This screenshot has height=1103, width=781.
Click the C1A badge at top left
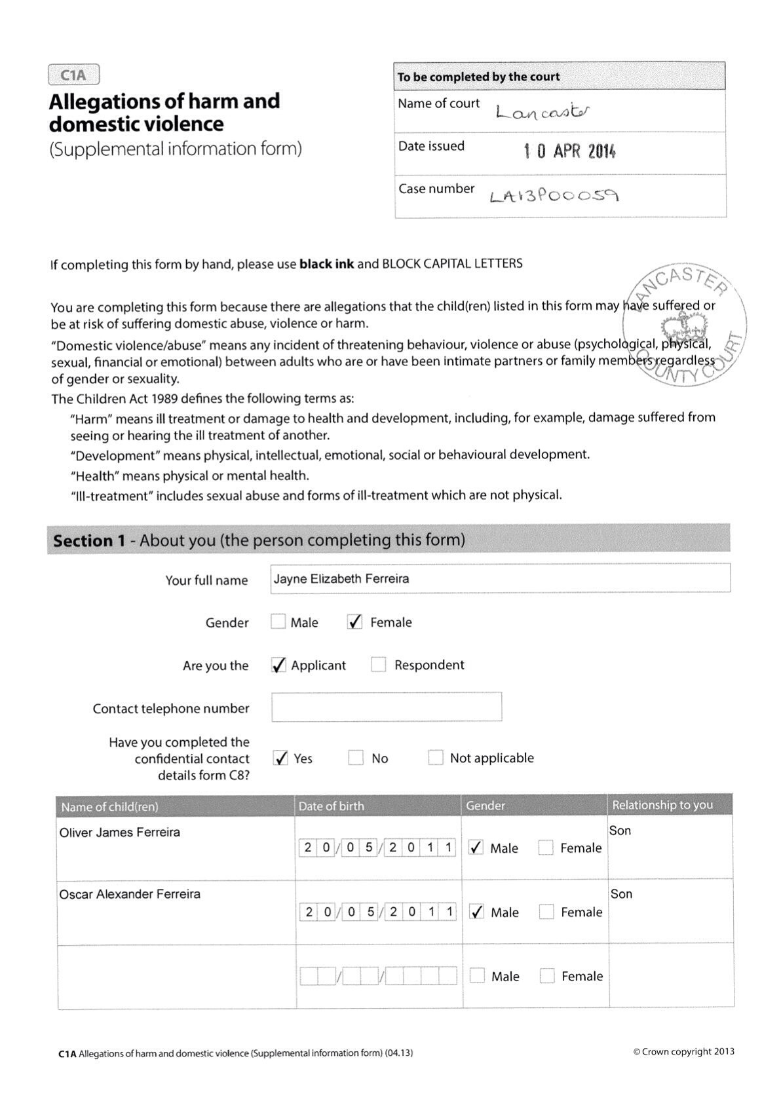(73, 75)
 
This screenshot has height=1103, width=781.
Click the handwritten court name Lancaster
(543, 113)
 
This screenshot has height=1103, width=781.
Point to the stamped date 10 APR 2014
(569, 152)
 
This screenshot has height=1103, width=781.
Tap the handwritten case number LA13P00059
(554, 195)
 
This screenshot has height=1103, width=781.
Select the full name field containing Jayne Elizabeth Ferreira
(500, 578)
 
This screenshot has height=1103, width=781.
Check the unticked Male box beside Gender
(278, 622)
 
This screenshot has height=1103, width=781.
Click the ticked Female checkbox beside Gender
(354, 622)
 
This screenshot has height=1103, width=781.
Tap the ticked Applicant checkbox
(278, 665)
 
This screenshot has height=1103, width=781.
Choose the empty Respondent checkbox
(378, 665)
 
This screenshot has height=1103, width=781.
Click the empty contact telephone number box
(387, 707)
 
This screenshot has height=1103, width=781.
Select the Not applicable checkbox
(436, 758)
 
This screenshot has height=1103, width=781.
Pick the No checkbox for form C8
(356, 758)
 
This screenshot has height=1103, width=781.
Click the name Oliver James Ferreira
(119, 832)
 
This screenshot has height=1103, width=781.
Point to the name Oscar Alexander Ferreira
(130, 894)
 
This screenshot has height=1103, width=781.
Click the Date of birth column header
(332, 806)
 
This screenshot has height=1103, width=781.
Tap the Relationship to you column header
(662, 805)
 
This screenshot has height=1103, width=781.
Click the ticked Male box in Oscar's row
(478, 912)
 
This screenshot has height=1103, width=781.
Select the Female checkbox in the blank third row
(547, 976)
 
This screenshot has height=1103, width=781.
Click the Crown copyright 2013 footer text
(683, 1052)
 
